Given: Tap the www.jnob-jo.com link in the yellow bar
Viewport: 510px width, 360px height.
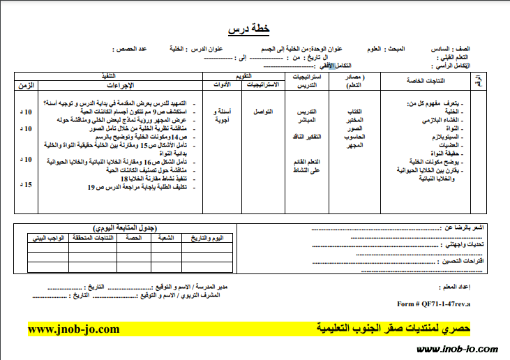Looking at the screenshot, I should [74, 329].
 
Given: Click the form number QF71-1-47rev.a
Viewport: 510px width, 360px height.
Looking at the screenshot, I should [433, 304].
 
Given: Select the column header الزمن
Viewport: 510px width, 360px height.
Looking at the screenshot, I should [25, 85].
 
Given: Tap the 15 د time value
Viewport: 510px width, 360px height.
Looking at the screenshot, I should [27, 185].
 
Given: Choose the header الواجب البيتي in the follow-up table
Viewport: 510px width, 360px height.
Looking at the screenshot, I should [48, 239].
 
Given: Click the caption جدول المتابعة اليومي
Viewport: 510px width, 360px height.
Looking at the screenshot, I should [125, 228].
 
